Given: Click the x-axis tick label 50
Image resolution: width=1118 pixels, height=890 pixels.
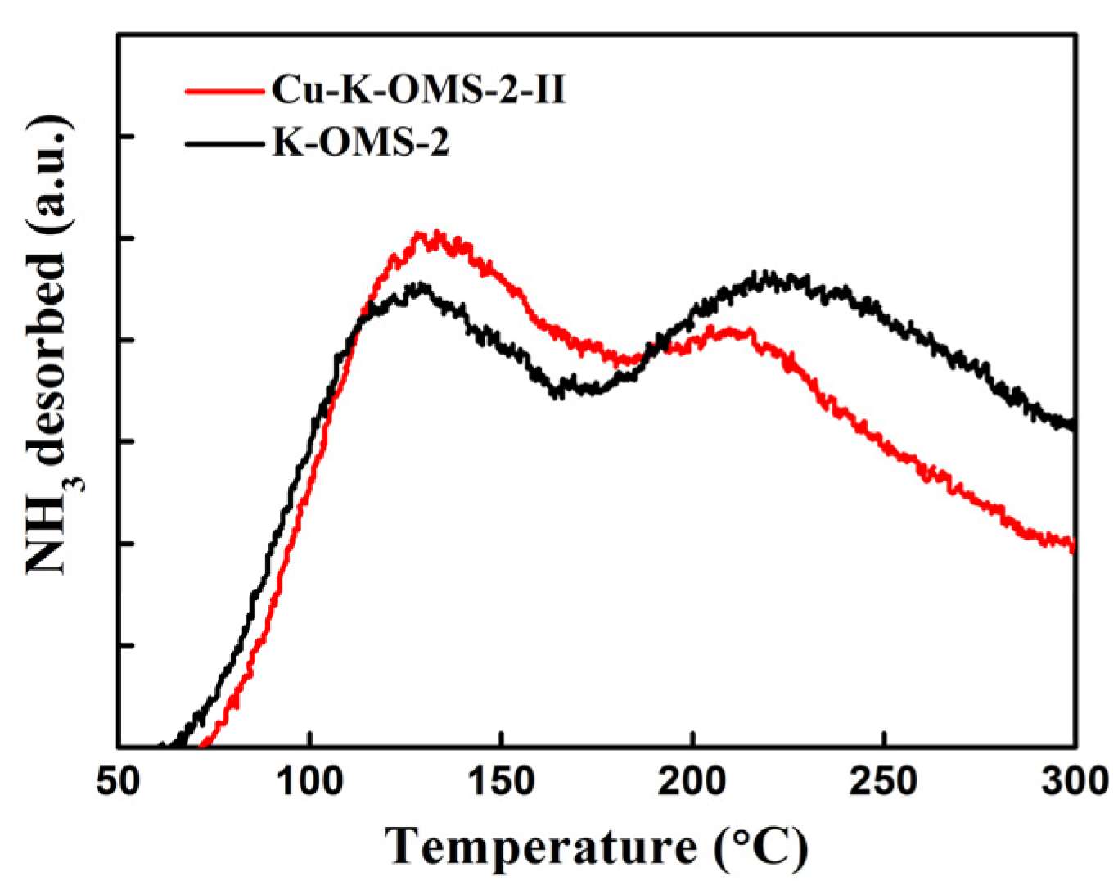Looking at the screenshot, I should pyautogui.click(x=118, y=781).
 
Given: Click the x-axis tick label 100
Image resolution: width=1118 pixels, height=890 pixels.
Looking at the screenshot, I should pyautogui.click(x=309, y=781).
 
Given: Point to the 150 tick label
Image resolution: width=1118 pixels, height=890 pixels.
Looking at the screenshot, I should pyautogui.click(x=501, y=781).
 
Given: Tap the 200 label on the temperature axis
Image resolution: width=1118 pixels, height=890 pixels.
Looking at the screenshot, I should pyautogui.click(x=692, y=781).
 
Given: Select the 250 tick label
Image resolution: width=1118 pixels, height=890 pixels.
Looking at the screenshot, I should pyautogui.click(x=884, y=781).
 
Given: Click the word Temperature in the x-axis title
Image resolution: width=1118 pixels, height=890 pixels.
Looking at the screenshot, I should pyautogui.click(x=541, y=846).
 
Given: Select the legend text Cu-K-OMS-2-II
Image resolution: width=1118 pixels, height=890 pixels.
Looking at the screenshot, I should pyautogui.click(x=418, y=89).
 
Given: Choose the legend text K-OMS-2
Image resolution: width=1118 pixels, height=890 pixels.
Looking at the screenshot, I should pyautogui.click(x=360, y=142).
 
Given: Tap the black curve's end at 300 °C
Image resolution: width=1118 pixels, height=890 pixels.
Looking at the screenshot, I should pyautogui.click(x=1071, y=424).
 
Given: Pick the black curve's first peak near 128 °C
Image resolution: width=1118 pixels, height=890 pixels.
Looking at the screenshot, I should pyautogui.click(x=420, y=287).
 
